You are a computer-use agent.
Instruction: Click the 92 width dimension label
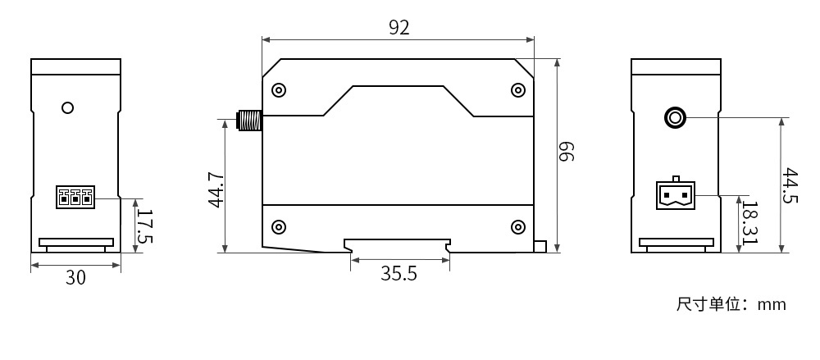coord(399,27)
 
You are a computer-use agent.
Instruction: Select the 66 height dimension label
coord(567,152)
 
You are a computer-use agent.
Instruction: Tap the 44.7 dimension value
coord(216,189)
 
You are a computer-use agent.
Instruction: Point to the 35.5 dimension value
coord(399,274)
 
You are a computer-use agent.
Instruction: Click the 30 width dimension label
coord(75,278)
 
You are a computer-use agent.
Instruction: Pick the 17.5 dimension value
coord(144,226)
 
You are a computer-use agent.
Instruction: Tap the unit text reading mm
coord(772,305)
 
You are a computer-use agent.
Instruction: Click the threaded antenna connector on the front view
coord(248,121)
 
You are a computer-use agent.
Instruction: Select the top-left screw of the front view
coord(279,89)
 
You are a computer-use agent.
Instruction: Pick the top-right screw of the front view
coord(517,89)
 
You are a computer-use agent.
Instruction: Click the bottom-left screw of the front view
coord(279,226)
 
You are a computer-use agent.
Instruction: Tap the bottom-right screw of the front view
coord(517,226)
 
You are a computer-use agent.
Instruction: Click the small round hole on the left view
coord(68,107)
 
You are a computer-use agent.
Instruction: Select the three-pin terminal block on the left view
coord(75,197)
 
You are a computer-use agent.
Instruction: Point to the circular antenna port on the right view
coord(675,118)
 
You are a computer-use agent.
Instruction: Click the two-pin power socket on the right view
coord(675,194)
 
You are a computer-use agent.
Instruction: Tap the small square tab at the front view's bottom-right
coord(540,246)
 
